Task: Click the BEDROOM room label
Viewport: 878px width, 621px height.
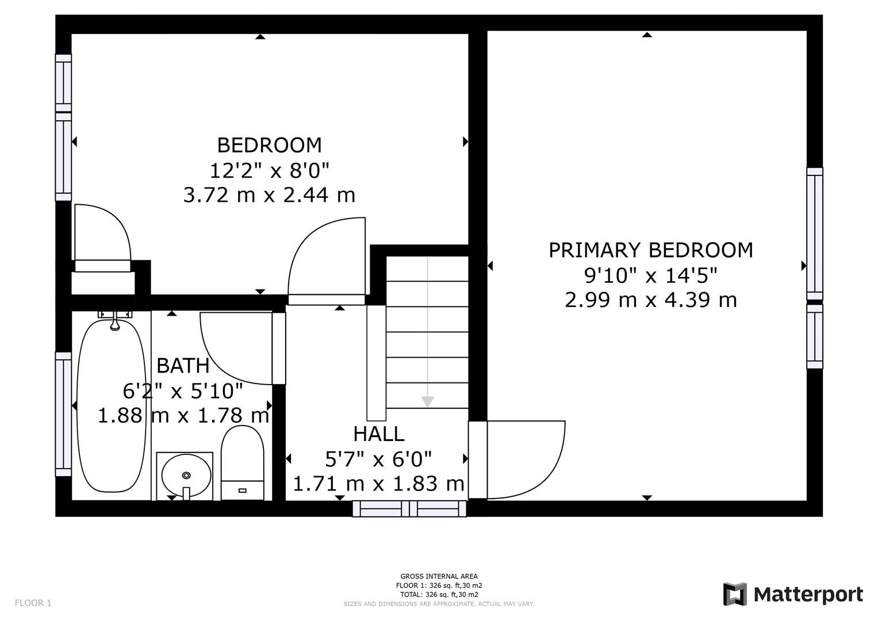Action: coord(269,145)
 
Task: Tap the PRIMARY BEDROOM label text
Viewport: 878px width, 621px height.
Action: coord(650,250)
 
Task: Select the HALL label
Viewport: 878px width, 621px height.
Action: coord(378,434)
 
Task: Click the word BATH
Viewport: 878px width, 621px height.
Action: coord(183,365)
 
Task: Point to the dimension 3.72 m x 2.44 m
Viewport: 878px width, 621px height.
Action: coord(269,195)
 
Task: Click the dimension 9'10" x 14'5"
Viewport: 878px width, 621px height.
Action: coord(650,275)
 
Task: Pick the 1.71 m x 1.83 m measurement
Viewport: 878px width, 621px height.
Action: coord(378,484)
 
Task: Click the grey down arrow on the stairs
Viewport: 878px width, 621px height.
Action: coord(427,401)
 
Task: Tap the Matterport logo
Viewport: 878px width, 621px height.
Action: coord(792,594)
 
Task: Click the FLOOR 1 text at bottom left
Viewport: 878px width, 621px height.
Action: coord(33,603)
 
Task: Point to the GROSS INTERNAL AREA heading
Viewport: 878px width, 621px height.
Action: coord(439,576)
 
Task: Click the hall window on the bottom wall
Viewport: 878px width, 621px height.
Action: coord(409,508)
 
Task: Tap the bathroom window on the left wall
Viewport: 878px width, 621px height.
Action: coord(63,414)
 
